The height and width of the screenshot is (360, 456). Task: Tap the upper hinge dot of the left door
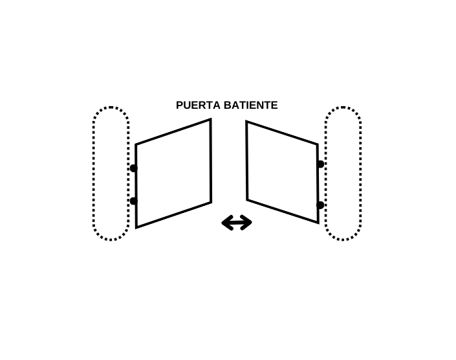[x=133, y=168]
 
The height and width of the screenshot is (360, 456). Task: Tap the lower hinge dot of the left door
[x=133, y=201]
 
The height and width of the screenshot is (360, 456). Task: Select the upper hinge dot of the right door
[x=320, y=164]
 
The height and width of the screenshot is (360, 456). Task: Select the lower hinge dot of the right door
[x=320, y=205]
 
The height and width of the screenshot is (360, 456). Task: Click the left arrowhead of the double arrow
[x=226, y=223]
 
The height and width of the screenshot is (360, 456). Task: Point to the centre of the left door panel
[x=173, y=173]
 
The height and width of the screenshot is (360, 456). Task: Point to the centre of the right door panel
[x=282, y=172]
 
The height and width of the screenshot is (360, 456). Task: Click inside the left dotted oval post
[x=111, y=174]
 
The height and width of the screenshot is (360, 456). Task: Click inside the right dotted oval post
[x=343, y=174]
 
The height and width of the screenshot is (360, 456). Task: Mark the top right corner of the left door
[x=210, y=120]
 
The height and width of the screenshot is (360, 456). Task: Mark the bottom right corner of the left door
[x=211, y=202]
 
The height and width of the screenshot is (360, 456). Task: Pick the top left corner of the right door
[x=246, y=122]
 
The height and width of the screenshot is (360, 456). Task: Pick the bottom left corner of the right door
[x=247, y=199]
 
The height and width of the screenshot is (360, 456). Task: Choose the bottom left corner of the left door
[x=136, y=227]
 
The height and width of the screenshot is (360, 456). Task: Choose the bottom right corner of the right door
[x=318, y=222]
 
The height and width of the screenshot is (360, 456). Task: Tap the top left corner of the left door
[x=136, y=144]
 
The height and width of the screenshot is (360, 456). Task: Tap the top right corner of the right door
[x=317, y=144]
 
